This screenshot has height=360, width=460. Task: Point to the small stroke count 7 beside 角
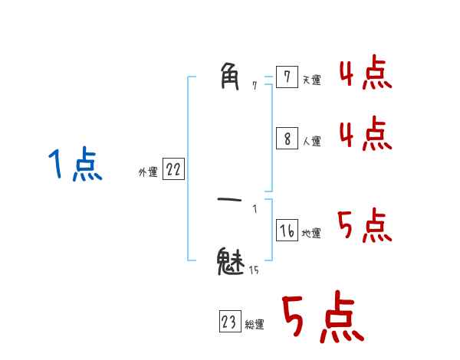[255, 87]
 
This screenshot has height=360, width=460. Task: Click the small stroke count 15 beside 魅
[253, 270]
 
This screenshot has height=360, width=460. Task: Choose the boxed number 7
[286, 77]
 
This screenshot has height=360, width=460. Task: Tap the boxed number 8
[286, 138]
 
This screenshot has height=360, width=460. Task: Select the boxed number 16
[287, 231]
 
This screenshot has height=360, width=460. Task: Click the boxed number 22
[173, 170]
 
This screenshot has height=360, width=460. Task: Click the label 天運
[311, 80]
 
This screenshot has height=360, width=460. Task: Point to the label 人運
[311, 141]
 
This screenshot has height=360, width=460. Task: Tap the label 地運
[311, 234]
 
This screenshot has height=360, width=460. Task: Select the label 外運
[148, 173]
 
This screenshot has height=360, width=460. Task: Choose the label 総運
[255, 325]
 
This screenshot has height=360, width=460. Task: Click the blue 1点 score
[75, 165]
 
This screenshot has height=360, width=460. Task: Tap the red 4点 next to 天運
[365, 74]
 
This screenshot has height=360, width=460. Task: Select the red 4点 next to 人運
[365, 134]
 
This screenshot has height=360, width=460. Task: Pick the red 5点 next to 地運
[365, 226]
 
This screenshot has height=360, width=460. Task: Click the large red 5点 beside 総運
[322, 318]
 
